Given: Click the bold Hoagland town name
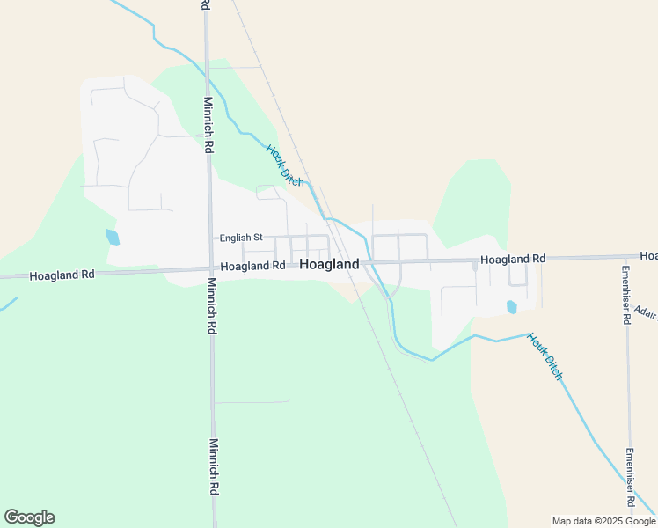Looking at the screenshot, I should click(329, 264).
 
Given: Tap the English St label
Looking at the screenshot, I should click(241, 238).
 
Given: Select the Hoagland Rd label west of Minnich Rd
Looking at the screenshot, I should click(62, 275).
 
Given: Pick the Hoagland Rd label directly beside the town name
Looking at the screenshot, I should click(253, 266).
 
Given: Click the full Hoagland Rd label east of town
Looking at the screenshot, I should click(513, 259).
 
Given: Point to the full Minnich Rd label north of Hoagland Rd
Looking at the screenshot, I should click(208, 124).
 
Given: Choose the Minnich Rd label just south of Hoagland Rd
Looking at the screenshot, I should click(211, 306).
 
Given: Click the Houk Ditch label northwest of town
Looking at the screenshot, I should click(285, 165).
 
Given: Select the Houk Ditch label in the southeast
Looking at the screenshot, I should click(545, 356).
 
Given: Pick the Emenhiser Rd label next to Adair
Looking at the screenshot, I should click(626, 295).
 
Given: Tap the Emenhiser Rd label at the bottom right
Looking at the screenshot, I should click(630, 478).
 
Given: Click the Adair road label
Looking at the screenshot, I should click(645, 313).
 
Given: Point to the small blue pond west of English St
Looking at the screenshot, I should click(112, 237).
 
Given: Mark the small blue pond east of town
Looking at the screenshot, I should click(512, 307).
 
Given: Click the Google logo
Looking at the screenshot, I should click(30, 517).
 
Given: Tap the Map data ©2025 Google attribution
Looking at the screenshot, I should click(603, 521).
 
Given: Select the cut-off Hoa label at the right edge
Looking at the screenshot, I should click(648, 256).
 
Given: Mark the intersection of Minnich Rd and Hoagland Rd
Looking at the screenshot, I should click(210, 268).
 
